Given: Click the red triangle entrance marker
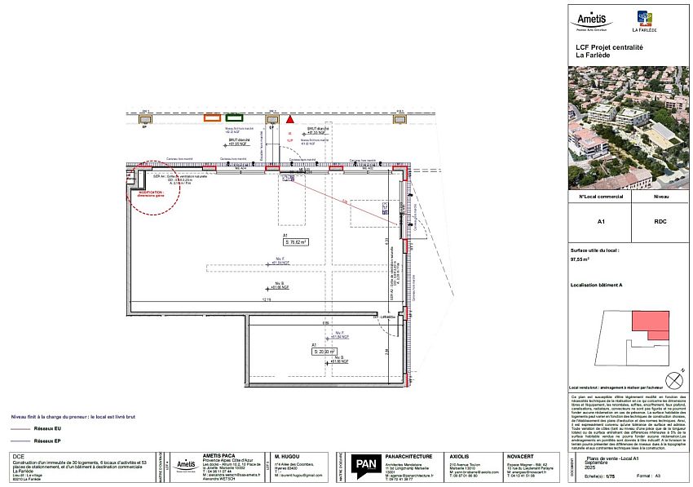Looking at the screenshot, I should pos(290,119).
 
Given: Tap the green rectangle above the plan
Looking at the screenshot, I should pos(234,119).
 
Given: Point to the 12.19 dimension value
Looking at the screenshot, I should pos(266,299).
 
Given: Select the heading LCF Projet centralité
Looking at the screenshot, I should pos(609,48).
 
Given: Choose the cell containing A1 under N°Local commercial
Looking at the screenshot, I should pos(600,221).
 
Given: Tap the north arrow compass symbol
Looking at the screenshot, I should pos(673,380).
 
